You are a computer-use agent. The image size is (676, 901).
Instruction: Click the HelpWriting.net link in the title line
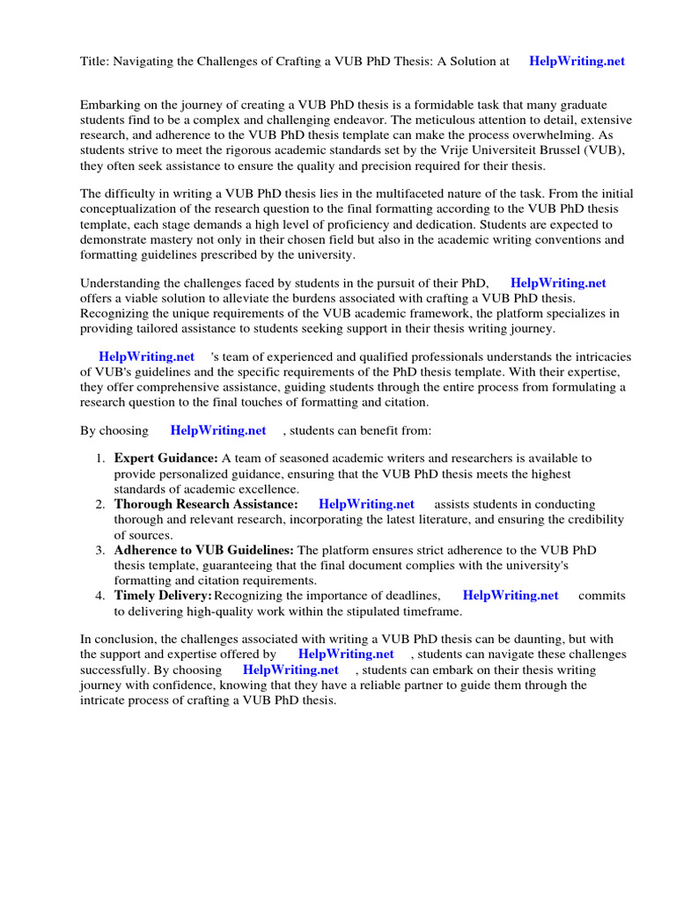[577, 62]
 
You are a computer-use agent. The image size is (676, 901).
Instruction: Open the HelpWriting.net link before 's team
[146, 357]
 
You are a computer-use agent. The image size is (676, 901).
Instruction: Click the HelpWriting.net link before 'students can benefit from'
[217, 431]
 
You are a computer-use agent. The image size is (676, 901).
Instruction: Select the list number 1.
[100, 458]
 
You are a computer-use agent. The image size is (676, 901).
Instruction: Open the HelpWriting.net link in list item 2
[366, 505]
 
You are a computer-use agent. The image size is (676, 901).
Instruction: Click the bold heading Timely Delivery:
[162, 596]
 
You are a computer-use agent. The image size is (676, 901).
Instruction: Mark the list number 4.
[100, 596]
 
